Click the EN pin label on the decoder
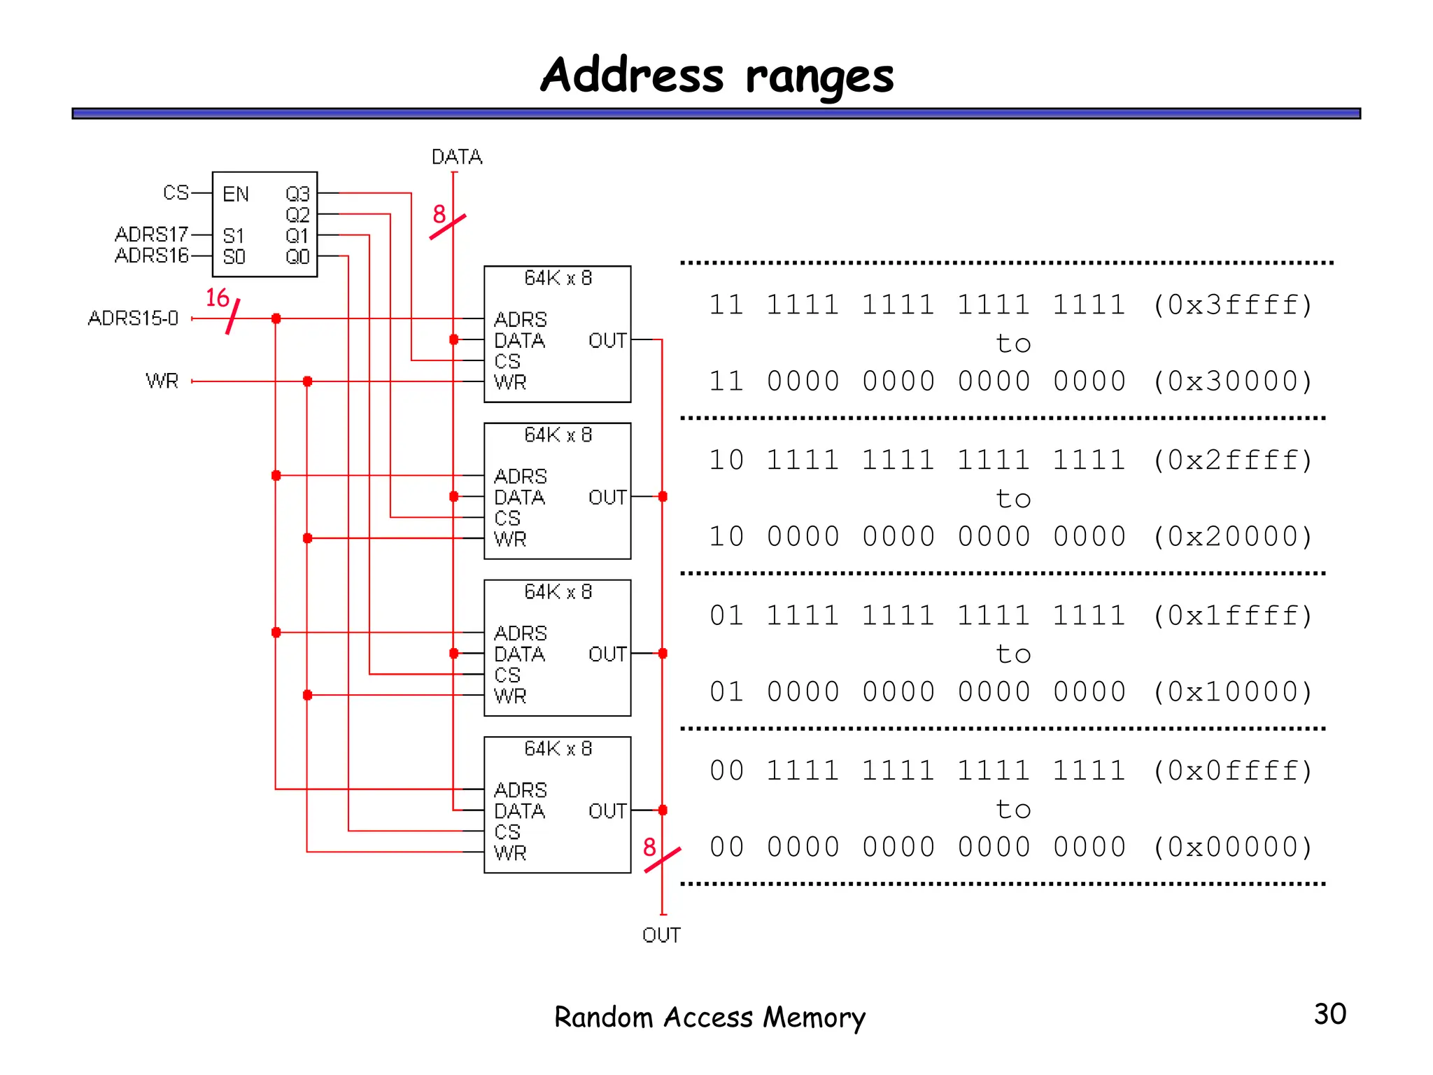236,194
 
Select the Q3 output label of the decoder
297,194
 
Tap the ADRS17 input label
152,234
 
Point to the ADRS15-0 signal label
133,318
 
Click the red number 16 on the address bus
218,298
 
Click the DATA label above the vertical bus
457,157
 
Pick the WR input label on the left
162,381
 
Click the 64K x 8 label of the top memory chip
558,279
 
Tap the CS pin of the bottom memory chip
507,832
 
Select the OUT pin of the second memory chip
607,498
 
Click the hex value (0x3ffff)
1232,305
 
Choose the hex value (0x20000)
1232,537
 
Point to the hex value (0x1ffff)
1232,616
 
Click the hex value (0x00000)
1232,848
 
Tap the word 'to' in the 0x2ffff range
1013,499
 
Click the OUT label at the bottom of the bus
661,935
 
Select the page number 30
1329,1014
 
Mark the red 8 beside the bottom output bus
649,848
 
